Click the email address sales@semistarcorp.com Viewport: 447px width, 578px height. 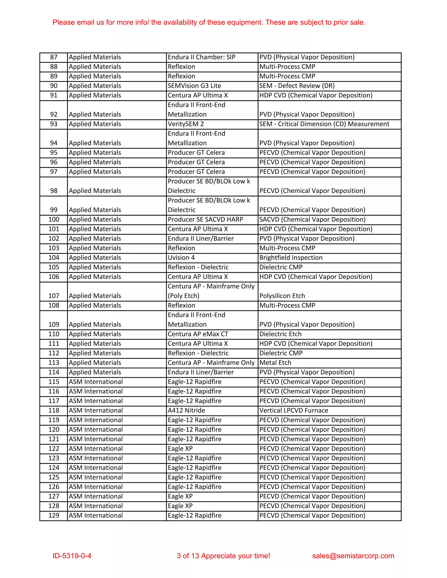[x=353, y=556]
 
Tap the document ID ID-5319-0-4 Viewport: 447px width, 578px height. [x=72, y=556]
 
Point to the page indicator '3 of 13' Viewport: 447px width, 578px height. [x=187, y=556]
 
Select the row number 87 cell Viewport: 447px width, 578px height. [x=54, y=57]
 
